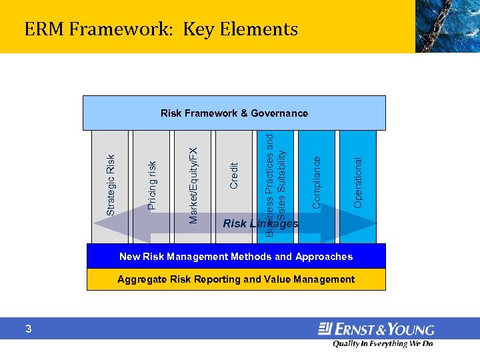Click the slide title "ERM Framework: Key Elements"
click(x=161, y=29)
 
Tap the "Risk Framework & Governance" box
click(x=234, y=113)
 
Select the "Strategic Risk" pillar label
click(x=111, y=185)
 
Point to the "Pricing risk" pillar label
click(x=152, y=185)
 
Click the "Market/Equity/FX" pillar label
click(x=193, y=185)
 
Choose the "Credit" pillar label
click(x=233, y=175)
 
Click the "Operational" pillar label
click(x=358, y=182)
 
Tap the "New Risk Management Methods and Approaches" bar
click(x=236, y=257)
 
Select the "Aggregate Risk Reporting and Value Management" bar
click(x=236, y=279)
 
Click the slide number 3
click(x=29, y=329)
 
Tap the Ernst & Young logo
click(x=376, y=329)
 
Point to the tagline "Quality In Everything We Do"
click(x=383, y=344)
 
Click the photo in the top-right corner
click(x=447, y=26)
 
